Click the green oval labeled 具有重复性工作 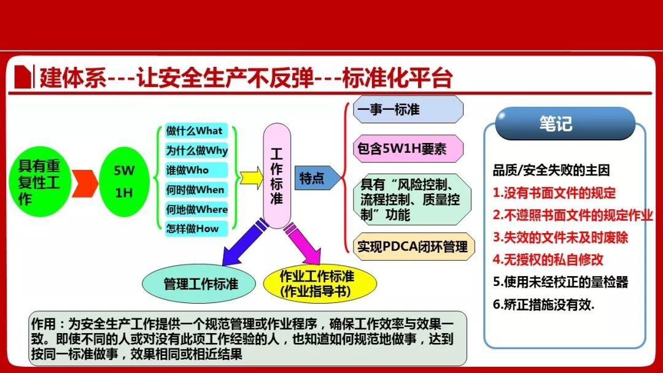pos(40,182)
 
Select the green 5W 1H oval pos(124,182)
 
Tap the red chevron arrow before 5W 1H pos(85,183)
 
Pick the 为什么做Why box pos(196,150)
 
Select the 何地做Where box pos(196,209)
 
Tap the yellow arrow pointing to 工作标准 pos(251,178)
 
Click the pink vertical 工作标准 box pos(277,175)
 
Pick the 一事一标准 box pos(408,109)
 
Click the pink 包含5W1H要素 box pos(408,148)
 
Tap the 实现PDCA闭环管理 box pos(414,246)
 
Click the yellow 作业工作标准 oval pos(319,284)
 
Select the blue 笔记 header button pos(565,123)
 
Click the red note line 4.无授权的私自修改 pos(548,260)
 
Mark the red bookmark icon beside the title pos(23,77)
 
